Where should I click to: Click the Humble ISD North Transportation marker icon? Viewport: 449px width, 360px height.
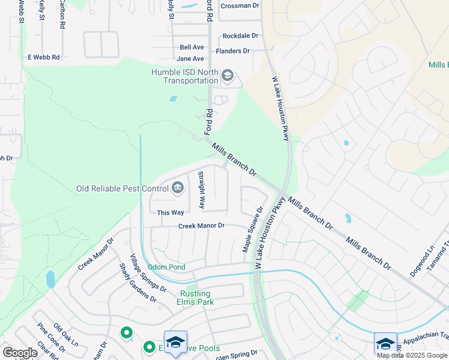coord(228,76)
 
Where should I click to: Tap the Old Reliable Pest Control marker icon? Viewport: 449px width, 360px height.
coord(178,188)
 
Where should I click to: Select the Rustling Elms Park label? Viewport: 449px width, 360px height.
coord(196,298)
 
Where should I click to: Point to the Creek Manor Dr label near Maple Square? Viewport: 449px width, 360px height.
coord(201,226)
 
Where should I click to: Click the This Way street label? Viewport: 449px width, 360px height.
coord(170,212)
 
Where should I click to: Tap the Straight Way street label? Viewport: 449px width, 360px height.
coord(202,190)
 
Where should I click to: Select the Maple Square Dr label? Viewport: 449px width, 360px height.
coord(253,230)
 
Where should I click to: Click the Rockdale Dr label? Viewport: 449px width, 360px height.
coord(240,36)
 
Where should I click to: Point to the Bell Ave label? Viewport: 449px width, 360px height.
coord(192,47)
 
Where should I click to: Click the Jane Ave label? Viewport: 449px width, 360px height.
coord(190,59)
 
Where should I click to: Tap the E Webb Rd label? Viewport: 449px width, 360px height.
coord(44,57)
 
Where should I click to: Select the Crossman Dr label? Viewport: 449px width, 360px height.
coord(240,6)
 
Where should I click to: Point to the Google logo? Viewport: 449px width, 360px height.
coord(20,353)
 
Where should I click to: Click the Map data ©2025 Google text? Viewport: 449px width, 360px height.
coord(412,355)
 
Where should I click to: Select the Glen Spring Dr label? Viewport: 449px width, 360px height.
coord(237,353)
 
